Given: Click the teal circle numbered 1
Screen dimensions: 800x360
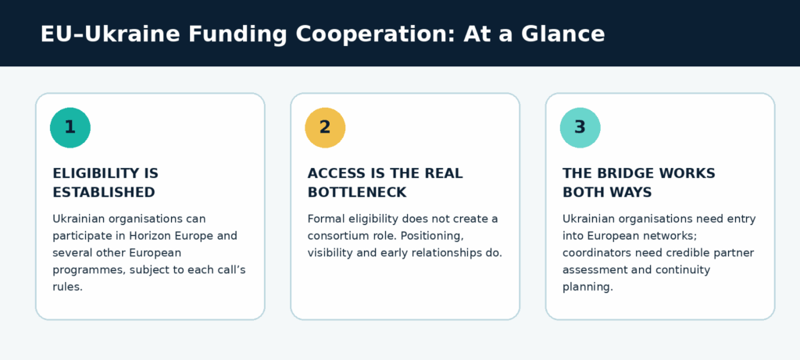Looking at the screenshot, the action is point(70,127).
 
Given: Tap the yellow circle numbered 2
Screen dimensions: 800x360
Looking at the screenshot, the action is point(325,127).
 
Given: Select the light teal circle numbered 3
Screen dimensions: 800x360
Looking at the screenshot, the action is point(580,127).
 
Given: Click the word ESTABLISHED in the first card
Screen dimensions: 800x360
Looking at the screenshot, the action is point(104,192).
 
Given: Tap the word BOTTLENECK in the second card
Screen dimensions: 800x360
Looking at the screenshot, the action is point(356,192).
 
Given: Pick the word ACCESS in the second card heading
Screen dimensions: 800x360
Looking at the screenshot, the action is point(332,173).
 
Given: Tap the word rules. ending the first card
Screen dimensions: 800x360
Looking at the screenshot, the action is point(67,287).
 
